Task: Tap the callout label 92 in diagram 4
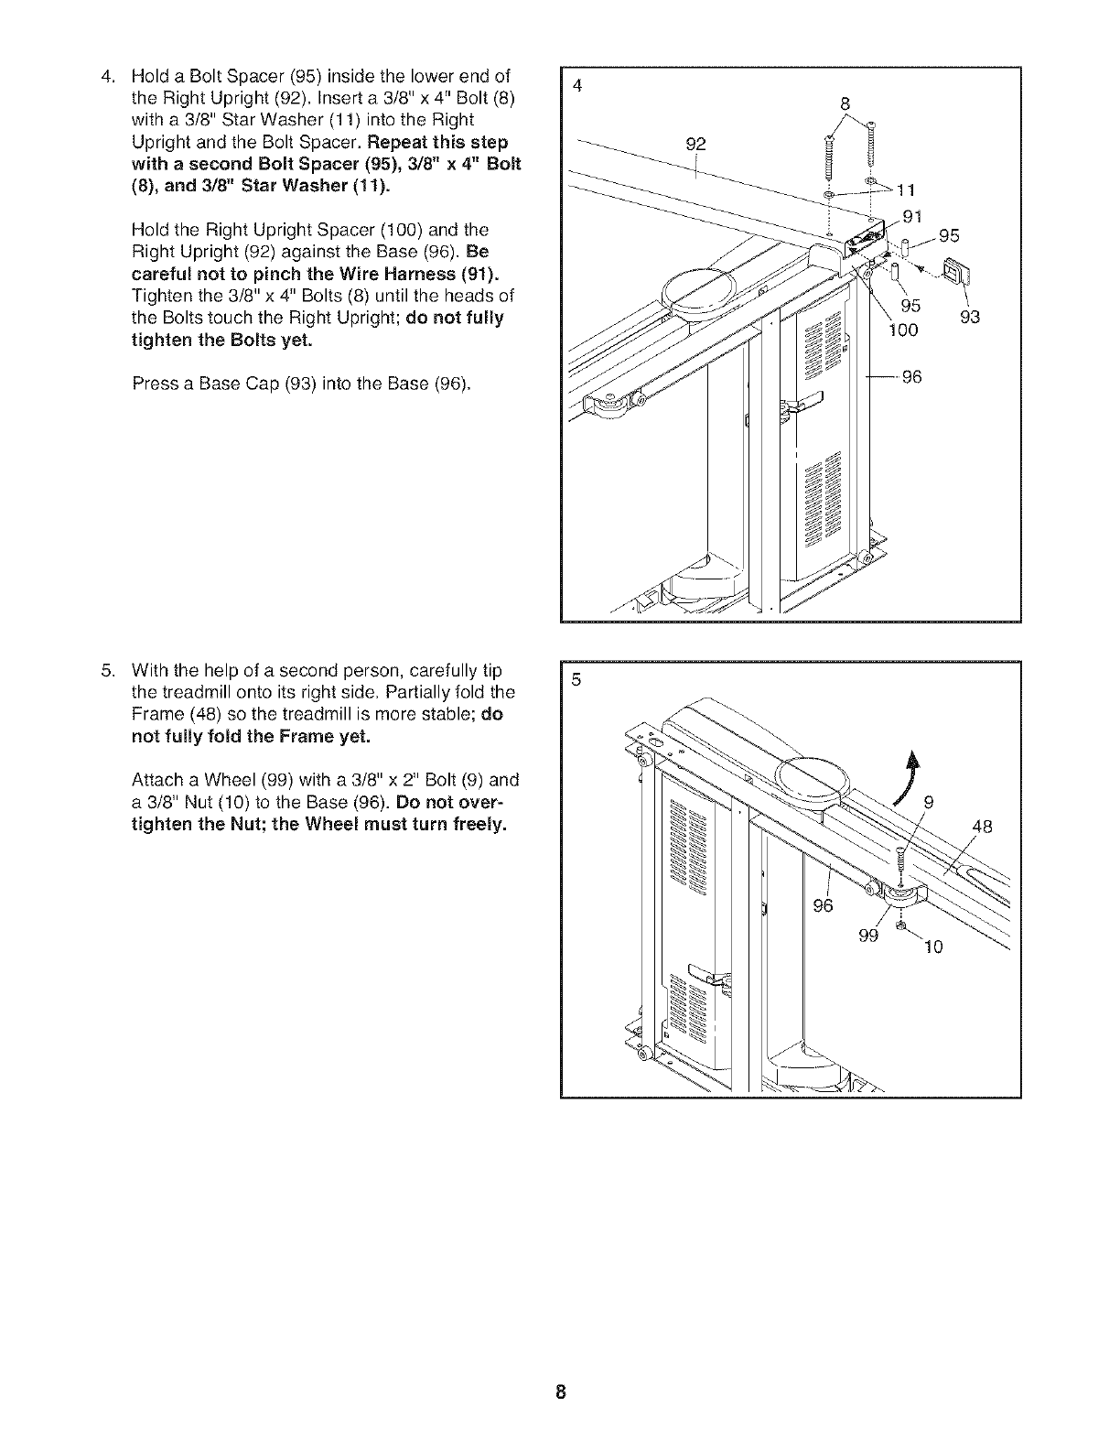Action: tap(696, 143)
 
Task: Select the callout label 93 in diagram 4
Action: tap(969, 317)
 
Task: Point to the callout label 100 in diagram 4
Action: tap(904, 330)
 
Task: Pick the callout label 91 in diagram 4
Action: tap(912, 218)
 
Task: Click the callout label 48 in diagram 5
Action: tap(982, 828)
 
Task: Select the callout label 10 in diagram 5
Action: tap(932, 947)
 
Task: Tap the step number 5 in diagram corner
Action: tap(576, 680)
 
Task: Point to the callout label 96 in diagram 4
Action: tap(911, 376)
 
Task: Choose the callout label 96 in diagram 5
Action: tap(824, 906)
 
